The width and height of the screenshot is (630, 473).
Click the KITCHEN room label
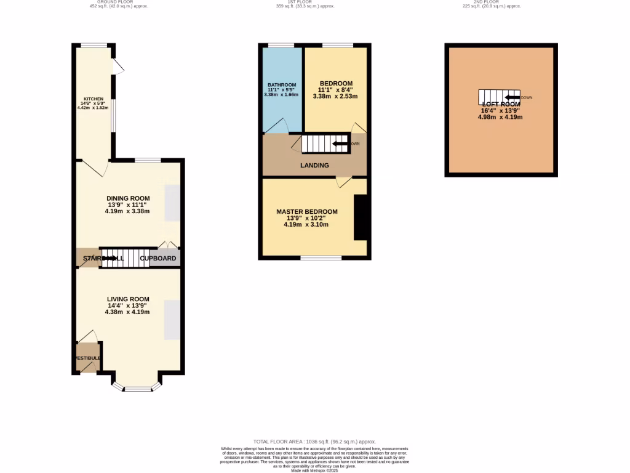[94, 99]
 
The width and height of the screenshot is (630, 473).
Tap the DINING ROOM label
[127, 198]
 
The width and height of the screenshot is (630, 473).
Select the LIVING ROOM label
[128, 299]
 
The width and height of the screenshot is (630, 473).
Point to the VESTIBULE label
[88, 358]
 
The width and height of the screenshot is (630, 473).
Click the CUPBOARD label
[158, 259]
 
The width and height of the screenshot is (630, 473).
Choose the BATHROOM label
[282, 85]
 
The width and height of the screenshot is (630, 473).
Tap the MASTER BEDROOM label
[306, 212]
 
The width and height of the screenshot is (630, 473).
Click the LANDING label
[314, 165]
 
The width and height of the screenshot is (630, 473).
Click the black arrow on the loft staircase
[512, 97]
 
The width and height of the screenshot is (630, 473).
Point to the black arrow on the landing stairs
[340, 144]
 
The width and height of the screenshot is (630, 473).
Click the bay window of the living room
[137, 389]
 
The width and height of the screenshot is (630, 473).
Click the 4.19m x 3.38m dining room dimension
[127, 211]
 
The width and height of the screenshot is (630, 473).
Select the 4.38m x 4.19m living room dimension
[127, 312]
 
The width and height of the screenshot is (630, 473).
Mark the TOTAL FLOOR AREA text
[314, 442]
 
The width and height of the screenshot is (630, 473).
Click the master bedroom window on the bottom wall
[321, 257]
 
